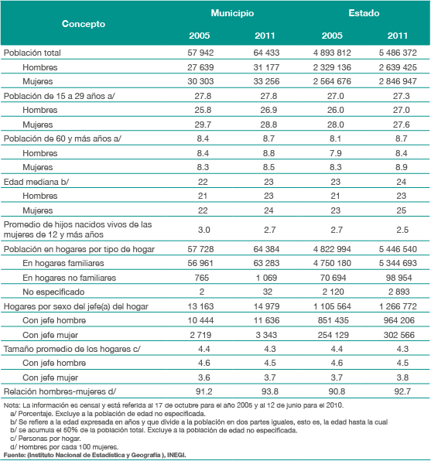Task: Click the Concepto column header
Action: (84, 24)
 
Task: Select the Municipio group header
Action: (232, 13)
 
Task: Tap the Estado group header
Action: (364, 13)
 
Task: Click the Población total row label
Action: (32, 53)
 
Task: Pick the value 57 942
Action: (200, 53)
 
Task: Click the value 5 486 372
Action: (398, 53)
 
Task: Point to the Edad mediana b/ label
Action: (36, 182)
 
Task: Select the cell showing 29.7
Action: (203, 125)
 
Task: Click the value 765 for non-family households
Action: (201, 278)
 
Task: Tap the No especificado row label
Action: (53, 292)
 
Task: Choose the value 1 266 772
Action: (398, 306)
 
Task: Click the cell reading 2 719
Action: (200, 335)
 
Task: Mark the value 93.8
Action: (270, 391)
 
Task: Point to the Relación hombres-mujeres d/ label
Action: (60, 391)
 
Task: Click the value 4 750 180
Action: (332, 263)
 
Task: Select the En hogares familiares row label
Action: (63, 263)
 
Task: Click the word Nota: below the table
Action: (12, 405)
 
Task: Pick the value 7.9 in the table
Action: (335, 153)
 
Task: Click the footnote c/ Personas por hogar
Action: (46, 439)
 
